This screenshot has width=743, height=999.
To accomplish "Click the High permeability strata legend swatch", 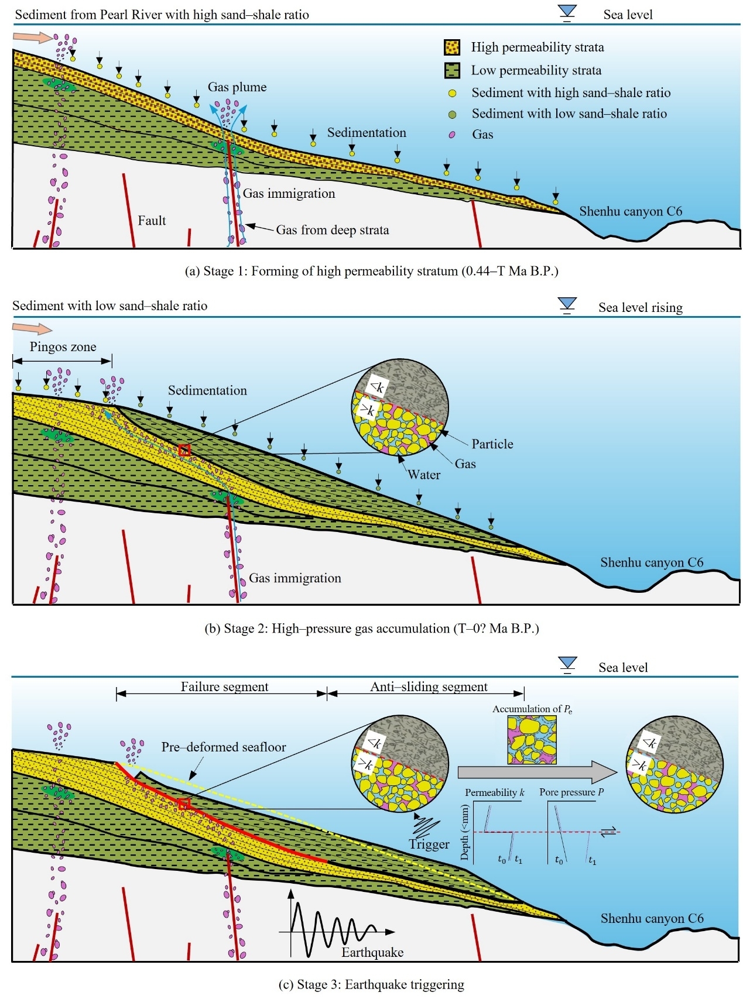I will coord(451,47).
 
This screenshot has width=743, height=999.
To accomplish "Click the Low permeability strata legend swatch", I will coord(451,70).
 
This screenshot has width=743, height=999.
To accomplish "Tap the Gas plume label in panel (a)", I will coord(237,87).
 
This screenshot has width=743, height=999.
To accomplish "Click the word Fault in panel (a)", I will coord(152,221).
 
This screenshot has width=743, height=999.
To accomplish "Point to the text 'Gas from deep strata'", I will coord(332,230).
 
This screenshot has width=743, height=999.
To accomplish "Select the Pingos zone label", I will coord(63,346).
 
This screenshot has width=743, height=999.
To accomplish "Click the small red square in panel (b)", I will coord(185,450).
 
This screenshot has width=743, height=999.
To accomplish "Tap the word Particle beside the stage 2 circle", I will coord(492,444).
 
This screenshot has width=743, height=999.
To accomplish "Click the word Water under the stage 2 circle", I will coord(424,475).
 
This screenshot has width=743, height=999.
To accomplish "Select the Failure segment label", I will coord(224,686).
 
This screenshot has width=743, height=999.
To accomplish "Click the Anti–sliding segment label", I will coord(429,686).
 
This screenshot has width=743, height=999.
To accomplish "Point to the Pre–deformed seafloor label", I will coord(224,747).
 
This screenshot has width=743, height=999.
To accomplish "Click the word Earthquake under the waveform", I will coord(372,952).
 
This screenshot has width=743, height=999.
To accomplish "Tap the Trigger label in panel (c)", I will coord(429,844).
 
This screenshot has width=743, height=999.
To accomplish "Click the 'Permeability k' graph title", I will coord(495,792).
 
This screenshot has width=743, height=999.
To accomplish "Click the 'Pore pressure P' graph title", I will coord(571,792).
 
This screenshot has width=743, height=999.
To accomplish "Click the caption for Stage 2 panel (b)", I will coord(371,629).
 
